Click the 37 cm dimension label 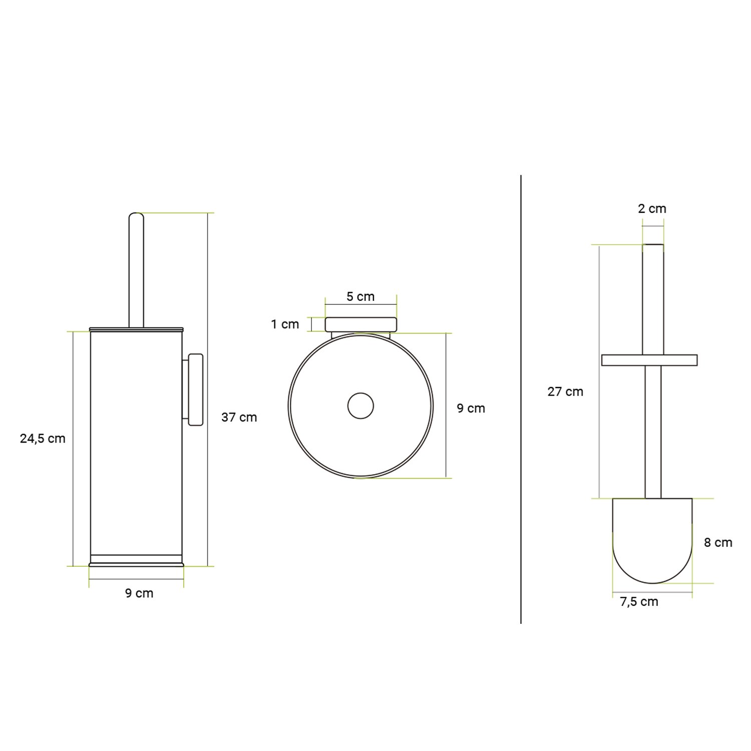239,417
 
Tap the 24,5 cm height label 43,439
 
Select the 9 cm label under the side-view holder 139,593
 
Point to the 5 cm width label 360,296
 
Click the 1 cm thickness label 285,324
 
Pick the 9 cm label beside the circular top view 471,408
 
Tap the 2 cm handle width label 652,209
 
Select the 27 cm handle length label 565,392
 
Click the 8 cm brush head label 718,542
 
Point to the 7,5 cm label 639,602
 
